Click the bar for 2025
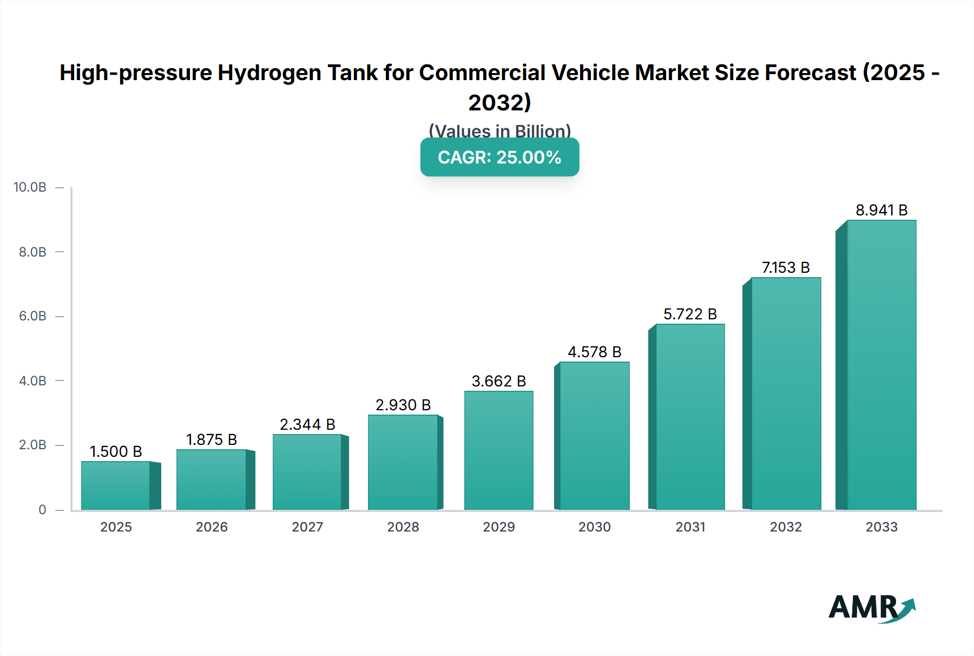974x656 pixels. click(115, 486)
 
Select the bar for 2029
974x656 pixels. click(498, 450)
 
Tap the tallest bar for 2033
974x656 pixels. click(881, 365)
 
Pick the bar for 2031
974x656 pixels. click(690, 417)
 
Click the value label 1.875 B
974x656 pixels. click(212, 439)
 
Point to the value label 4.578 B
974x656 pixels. click(594, 352)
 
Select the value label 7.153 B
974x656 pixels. click(786, 267)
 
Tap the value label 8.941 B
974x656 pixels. click(881, 210)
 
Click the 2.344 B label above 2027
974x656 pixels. click(307, 424)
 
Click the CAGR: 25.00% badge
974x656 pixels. click(499, 157)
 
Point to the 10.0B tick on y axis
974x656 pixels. click(30, 187)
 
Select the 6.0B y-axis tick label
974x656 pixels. click(32, 316)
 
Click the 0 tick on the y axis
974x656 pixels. click(42, 509)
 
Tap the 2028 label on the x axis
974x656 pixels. click(403, 527)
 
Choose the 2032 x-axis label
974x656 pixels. click(786, 527)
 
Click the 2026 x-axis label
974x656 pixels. click(212, 527)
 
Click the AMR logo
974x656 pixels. click(871, 607)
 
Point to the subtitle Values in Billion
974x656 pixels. click(499, 131)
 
